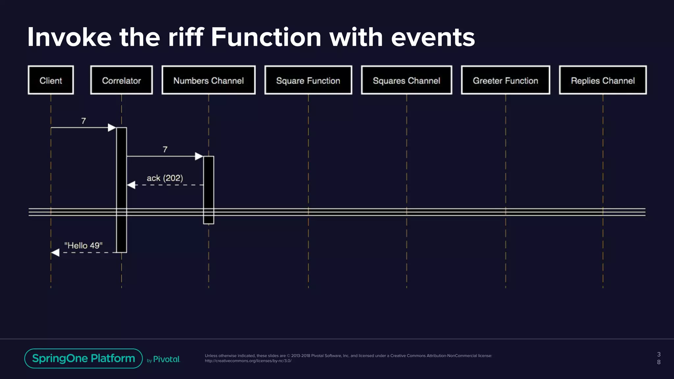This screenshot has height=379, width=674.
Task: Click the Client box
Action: pos(51,80)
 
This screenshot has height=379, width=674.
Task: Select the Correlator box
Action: pos(121,80)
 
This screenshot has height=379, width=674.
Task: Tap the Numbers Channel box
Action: pos(209,80)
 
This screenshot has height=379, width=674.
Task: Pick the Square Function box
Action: pos(308,80)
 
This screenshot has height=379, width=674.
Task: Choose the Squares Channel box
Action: pos(406,80)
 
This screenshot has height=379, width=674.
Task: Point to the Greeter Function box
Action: pos(505,80)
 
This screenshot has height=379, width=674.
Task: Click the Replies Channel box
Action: pos(603,80)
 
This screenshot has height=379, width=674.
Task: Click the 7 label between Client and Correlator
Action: pos(84,121)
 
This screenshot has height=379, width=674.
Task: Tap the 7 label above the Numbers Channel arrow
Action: pos(165,150)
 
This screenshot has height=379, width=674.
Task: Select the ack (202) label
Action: pos(165,178)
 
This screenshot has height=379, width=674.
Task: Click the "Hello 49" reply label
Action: pos(83,245)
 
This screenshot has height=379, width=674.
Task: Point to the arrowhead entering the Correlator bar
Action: pos(112,128)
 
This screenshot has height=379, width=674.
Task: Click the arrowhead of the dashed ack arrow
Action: pos(131,185)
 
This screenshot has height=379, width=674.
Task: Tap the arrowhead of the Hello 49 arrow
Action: pos(55,253)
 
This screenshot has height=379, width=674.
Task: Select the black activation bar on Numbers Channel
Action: pos(209,190)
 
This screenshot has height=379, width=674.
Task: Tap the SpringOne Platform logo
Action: pos(84,358)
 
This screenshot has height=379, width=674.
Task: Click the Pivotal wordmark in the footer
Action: pos(167,359)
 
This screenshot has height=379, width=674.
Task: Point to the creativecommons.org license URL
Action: pos(248,361)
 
